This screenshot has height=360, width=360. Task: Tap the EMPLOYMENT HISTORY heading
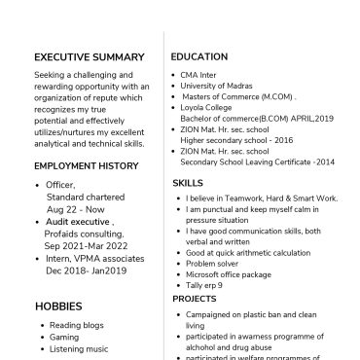pyautogui.click(x=86, y=166)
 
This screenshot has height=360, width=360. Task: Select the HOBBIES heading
pyautogui.click(x=58, y=306)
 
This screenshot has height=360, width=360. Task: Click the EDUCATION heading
pyautogui.click(x=201, y=56)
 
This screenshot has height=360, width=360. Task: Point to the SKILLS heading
pyautogui.click(x=189, y=182)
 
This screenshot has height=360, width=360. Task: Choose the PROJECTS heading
pyautogui.click(x=195, y=300)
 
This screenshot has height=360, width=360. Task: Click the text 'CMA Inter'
pyautogui.click(x=200, y=73)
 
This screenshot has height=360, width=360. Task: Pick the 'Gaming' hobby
pyautogui.click(x=64, y=337)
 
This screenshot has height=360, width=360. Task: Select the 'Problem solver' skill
pyautogui.click(x=213, y=263)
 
